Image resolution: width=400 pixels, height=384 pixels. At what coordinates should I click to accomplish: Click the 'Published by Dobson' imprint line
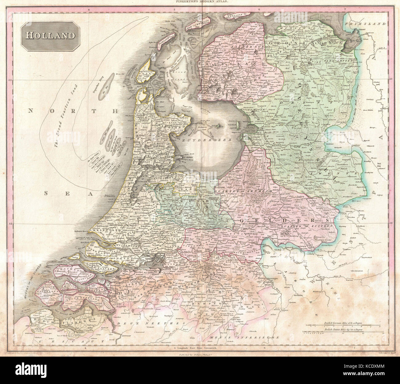[200, 354]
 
